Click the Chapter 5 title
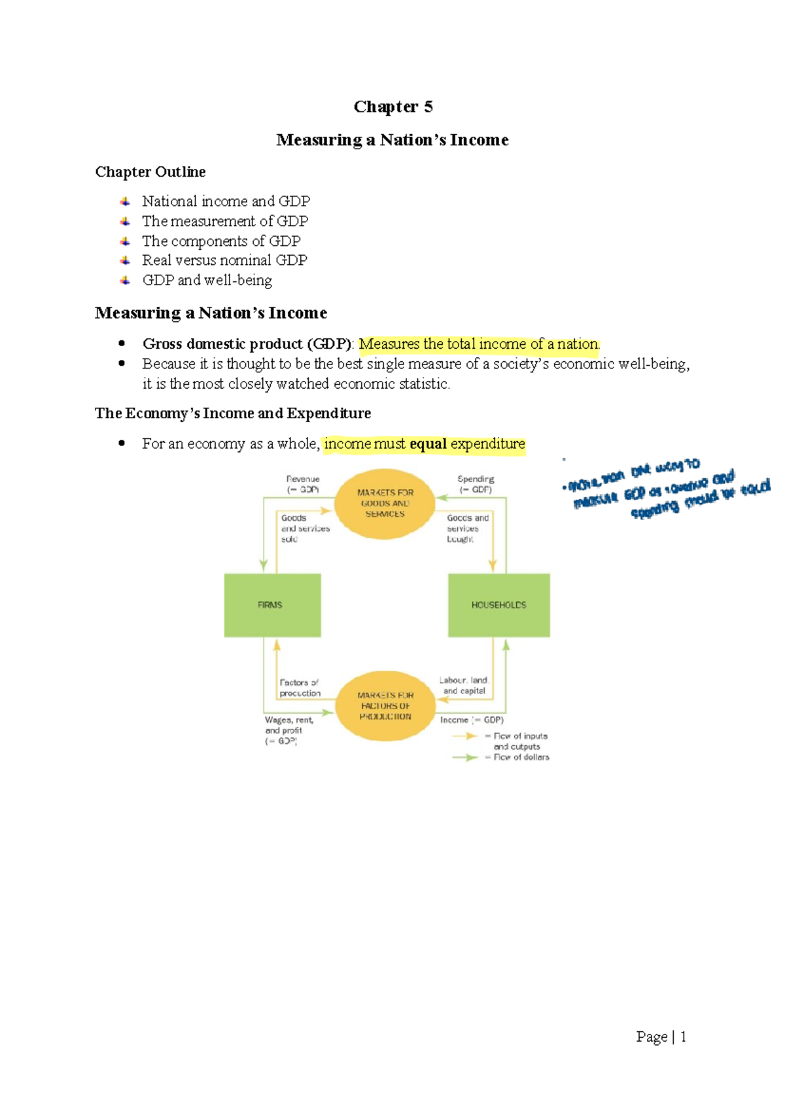(392, 107)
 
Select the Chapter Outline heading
(150, 171)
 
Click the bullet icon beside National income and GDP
(125, 202)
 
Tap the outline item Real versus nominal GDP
(224, 260)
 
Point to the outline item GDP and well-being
(207, 280)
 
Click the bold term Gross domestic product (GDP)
(247, 344)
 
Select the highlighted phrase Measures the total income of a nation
(479, 344)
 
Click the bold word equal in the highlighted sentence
(428, 444)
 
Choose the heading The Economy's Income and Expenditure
(233, 414)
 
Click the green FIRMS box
(272, 605)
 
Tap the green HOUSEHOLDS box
(498, 605)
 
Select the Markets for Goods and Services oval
(385, 504)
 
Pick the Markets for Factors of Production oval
(385, 706)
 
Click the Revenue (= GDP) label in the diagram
(303, 484)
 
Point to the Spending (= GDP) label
(476, 484)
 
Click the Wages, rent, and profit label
(288, 730)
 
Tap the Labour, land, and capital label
(464, 685)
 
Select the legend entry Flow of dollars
(521, 757)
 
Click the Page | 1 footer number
(661, 1036)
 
